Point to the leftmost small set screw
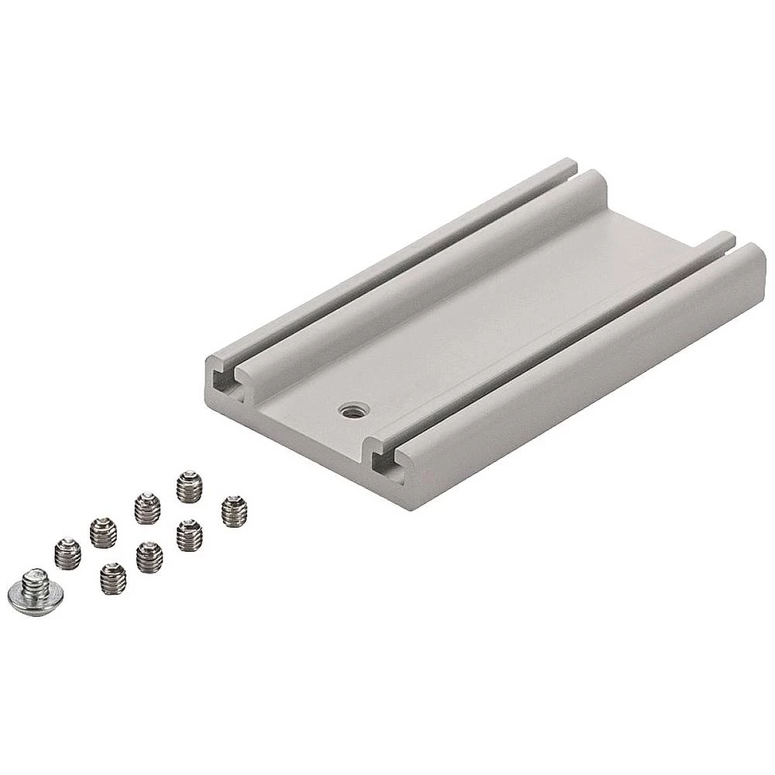(67, 553)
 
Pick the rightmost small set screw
(233, 511)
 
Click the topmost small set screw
(188, 486)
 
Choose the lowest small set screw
(113, 578)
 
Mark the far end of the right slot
(729, 239)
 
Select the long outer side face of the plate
(589, 387)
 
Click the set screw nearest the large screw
(67, 553)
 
